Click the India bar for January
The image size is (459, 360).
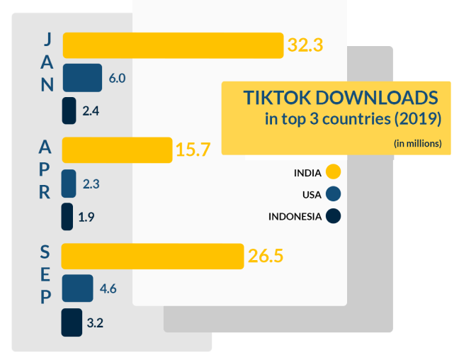(x=173, y=45)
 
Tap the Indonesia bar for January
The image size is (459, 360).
(x=69, y=111)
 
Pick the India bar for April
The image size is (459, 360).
(x=117, y=150)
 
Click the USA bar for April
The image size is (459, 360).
(x=69, y=184)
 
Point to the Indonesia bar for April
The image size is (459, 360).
(x=67, y=217)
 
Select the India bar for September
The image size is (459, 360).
(x=152, y=256)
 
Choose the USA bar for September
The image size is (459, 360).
(x=77, y=288)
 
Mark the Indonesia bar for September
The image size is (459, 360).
(x=72, y=322)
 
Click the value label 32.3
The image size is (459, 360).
(x=305, y=45)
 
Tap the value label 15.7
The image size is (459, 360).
(x=193, y=150)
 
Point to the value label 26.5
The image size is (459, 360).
(x=266, y=256)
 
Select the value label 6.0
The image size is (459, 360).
(x=117, y=78)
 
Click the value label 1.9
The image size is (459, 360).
(x=86, y=218)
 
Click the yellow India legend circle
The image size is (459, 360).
(x=334, y=172)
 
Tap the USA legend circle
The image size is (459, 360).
(x=334, y=194)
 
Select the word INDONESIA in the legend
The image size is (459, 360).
(x=295, y=216)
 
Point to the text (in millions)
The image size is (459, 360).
(x=418, y=143)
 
